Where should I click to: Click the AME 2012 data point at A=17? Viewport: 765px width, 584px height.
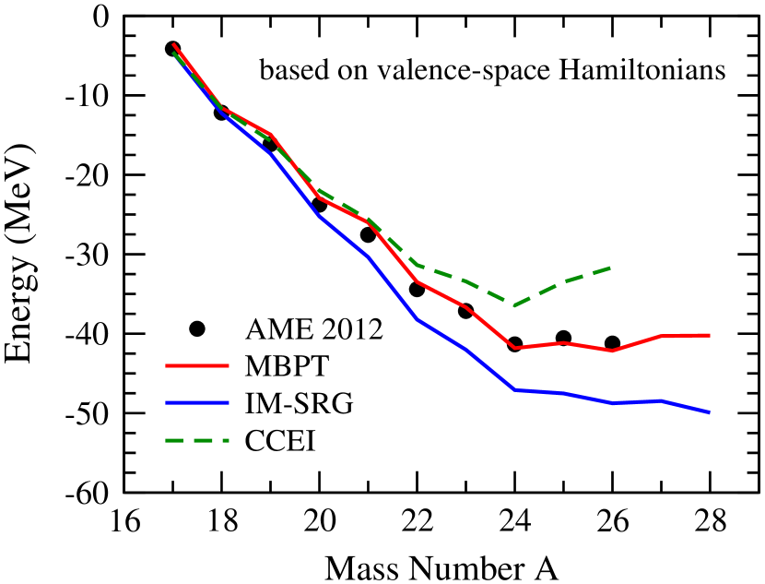(172, 49)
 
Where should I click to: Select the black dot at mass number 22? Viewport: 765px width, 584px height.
(417, 289)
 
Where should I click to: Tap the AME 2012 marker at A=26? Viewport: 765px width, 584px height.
(612, 342)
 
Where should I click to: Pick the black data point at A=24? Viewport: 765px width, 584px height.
(514, 344)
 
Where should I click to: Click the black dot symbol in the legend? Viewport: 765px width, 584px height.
(195, 329)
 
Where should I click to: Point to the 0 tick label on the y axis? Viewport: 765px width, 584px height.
(103, 17)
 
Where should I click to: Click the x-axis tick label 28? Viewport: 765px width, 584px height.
(710, 519)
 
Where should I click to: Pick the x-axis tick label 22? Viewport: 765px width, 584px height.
(417, 519)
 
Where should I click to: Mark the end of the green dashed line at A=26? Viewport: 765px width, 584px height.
(612, 267)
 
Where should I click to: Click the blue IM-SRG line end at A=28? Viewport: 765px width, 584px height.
(710, 412)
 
